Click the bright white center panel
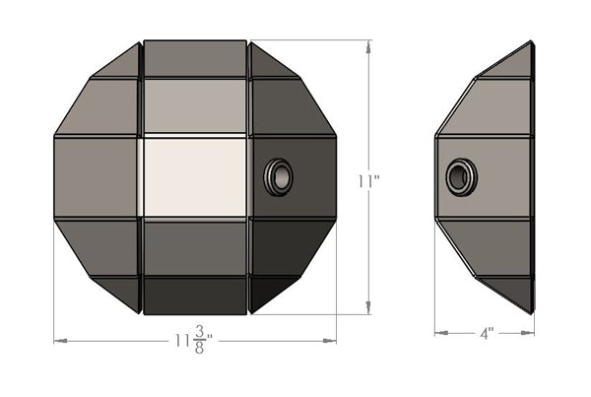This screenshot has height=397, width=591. pos(194,177)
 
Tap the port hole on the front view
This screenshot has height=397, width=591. pos(279,177)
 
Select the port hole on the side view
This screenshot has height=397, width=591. pos(459,177)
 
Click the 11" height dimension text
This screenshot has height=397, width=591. pos(369,181)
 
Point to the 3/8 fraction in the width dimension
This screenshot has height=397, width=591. pos(200,341)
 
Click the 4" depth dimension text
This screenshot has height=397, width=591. pos(487,334)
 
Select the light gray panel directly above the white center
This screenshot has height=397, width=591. pos(194,105)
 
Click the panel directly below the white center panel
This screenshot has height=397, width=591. pos(194,246)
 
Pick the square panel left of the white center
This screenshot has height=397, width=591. pos(97,177)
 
